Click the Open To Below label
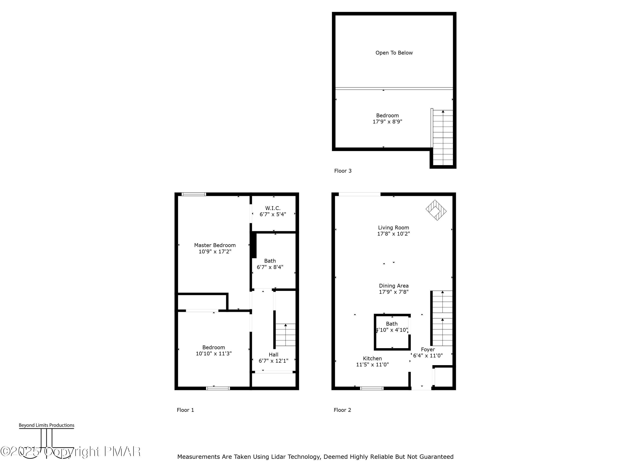pos(394,53)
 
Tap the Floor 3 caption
pos(343,171)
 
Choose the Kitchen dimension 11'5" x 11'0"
pos(372,364)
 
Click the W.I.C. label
pos(273,208)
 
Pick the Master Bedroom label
pos(215,245)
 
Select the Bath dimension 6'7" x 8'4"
pos(270,267)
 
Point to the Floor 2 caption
pos(342,410)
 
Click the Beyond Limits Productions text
pos(46,425)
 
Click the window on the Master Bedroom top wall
pos(194,194)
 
